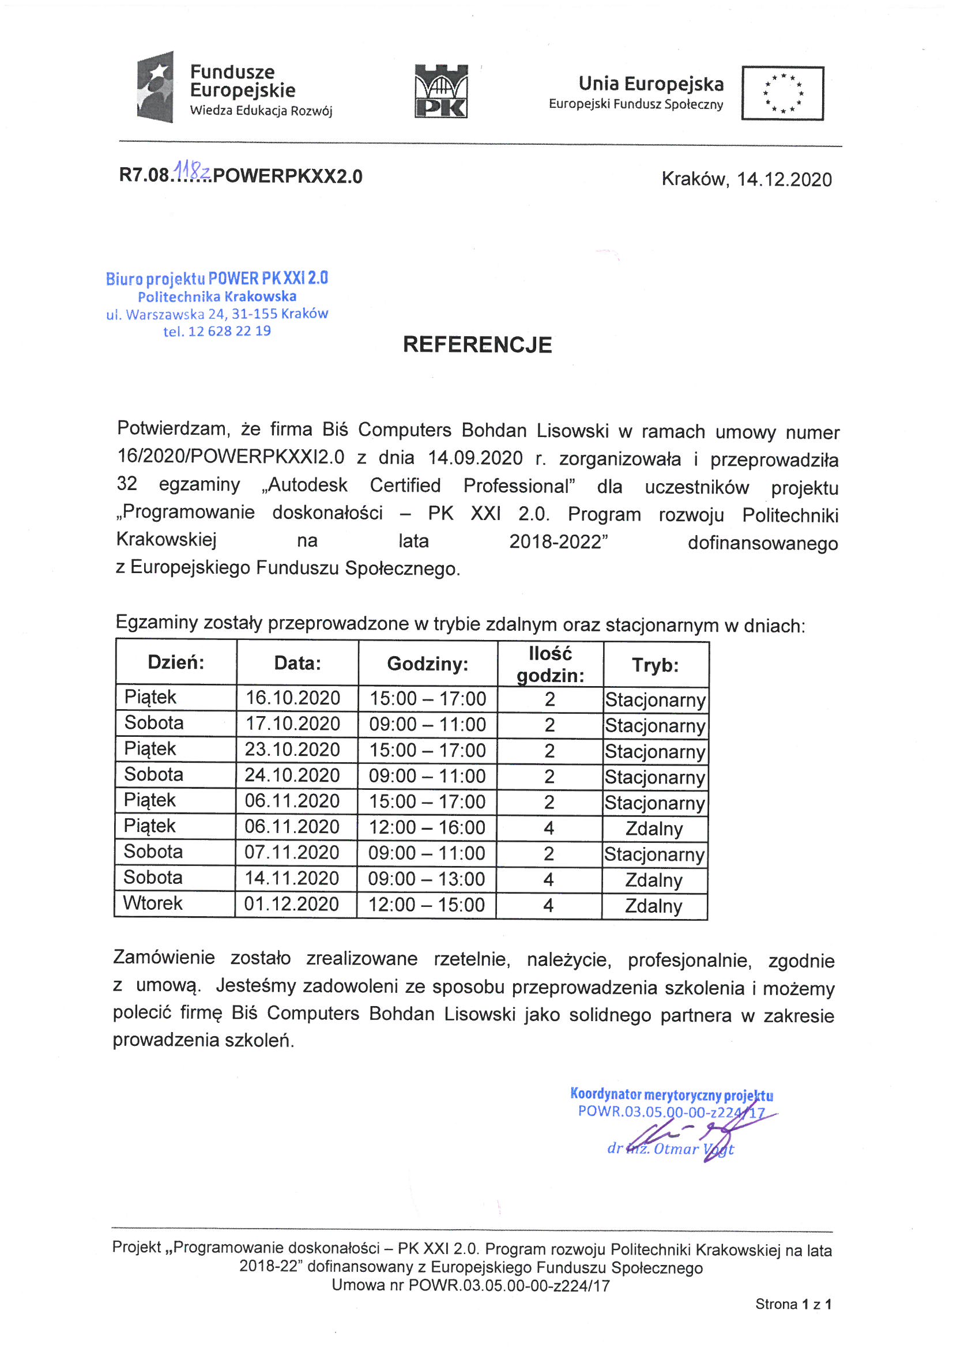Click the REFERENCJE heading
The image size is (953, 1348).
(477, 345)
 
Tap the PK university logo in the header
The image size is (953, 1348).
(441, 91)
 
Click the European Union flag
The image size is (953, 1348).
(782, 93)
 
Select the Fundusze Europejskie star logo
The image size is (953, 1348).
(156, 87)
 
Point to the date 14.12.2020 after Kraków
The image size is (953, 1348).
(784, 179)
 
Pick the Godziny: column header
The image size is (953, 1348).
(427, 664)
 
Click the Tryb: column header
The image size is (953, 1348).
(656, 665)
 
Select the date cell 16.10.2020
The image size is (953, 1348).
(292, 698)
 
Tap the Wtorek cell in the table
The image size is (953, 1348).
(153, 903)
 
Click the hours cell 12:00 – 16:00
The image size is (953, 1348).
(427, 827)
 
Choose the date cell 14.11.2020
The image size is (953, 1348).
(292, 878)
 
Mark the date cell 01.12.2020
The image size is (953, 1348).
(291, 904)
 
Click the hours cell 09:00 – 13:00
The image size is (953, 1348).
(426, 879)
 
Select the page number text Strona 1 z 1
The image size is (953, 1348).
(793, 1304)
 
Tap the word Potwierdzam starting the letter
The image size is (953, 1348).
(173, 428)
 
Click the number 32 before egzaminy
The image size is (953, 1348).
(127, 483)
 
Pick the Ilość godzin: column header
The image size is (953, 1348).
(549, 664)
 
